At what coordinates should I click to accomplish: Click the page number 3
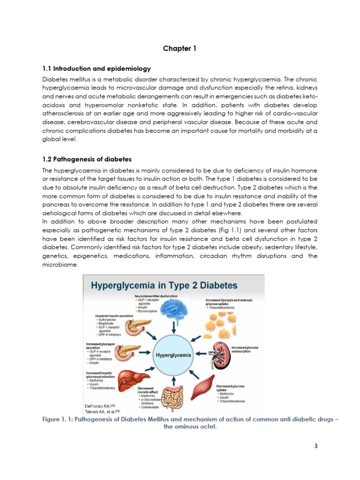pyautogui.click(x=316, y=446)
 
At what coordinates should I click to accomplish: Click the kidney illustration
pyautogui.click(x=218, y=352)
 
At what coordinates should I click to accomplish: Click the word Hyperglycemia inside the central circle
pyautogui.click(x=173, y=355)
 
